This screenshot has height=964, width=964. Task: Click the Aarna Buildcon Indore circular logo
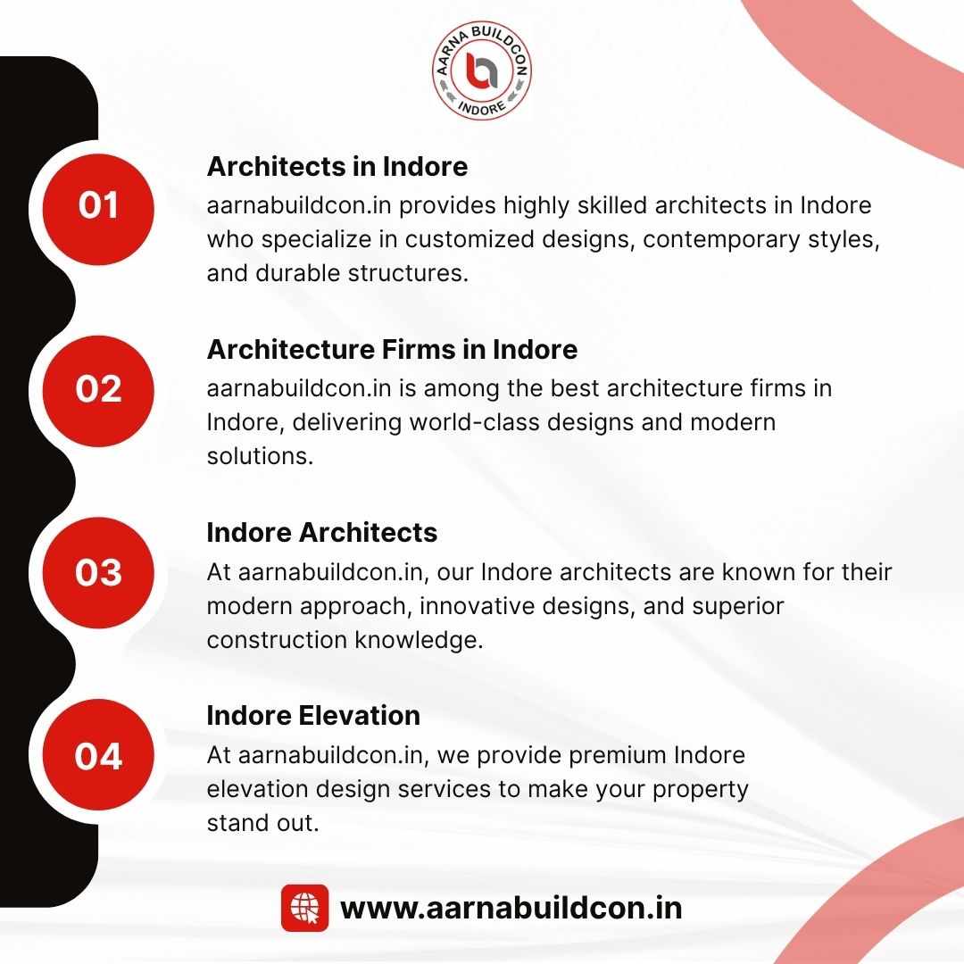point(481,71)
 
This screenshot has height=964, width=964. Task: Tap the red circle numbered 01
point(98,209)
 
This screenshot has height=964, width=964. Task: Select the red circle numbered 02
point(98,391)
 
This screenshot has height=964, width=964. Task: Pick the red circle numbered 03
point(98,572)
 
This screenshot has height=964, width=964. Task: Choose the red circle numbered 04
point(98,754)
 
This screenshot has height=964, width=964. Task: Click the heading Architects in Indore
point(337,167)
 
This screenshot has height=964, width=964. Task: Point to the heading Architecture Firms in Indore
point(392,349)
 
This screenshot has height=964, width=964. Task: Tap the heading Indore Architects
point(322,532)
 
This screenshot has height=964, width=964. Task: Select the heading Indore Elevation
point(313,716)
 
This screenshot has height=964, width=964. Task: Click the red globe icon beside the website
point(305,908)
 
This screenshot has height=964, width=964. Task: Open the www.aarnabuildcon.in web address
point(511,908)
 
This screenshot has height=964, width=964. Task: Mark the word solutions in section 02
point(260,456)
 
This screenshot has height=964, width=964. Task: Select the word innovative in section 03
point(477,606)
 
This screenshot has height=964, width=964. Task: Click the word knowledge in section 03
point(419,641)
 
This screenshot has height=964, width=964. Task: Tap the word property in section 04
point(701,790)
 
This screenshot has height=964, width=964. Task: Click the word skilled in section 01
point(611,204)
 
